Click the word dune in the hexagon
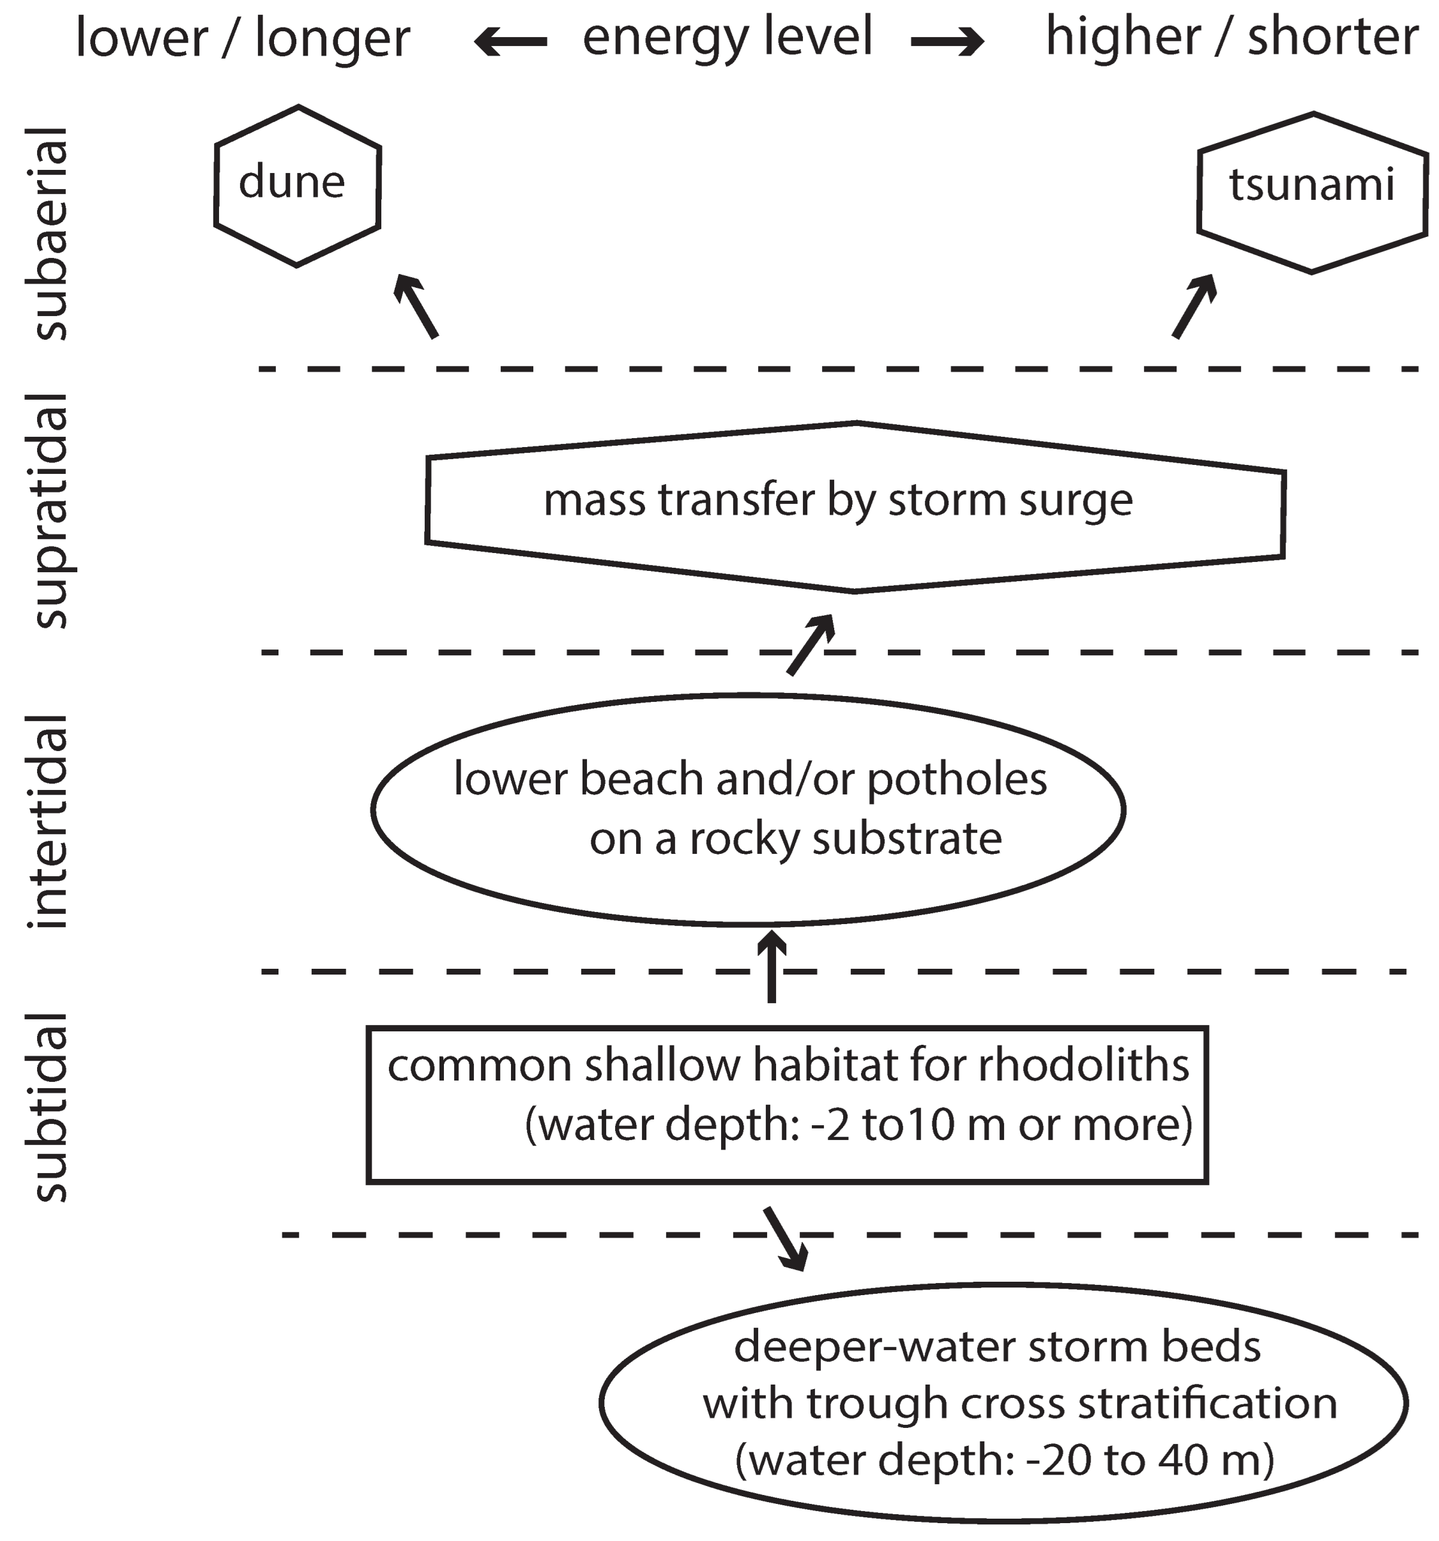tap(291, 182)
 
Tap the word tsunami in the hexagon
tap(1312, 185)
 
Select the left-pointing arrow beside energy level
tap(510, 42)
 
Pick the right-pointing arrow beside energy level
tap(947, 42)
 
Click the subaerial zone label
tap(50, 233)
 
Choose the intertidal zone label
tap(50, 822)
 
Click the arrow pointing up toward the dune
tap(416, 305)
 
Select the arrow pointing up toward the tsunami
tap(1194, 305)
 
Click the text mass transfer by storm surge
tap(838, 500)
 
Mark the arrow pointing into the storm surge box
tap(811, 644)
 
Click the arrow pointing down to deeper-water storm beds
tap(786, 1238)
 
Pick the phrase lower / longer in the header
tap(243, 39)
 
